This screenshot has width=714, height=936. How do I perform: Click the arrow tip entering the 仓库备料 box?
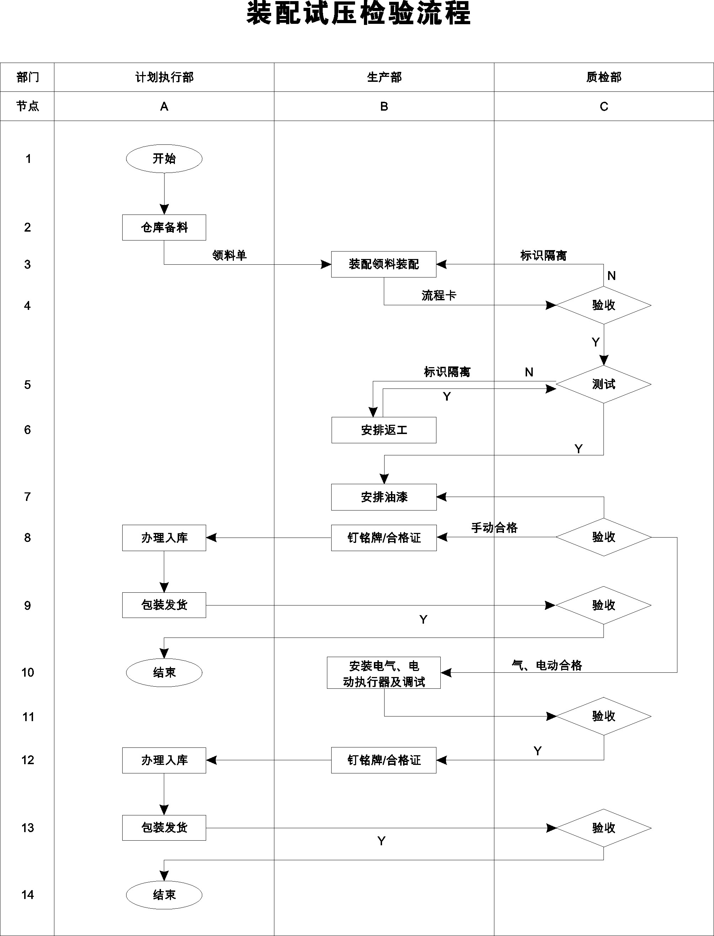(164, 215)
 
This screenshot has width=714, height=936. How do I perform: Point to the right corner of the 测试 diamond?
(651, 384)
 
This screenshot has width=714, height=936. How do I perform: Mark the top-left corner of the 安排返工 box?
(332, 417)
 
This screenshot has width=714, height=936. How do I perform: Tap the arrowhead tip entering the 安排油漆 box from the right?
(437, 497)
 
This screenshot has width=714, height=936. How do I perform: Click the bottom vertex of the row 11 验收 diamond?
(603, 735)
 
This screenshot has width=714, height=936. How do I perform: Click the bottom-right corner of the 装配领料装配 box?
(436, 277)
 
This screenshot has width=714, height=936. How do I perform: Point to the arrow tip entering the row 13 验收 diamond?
(556, 828)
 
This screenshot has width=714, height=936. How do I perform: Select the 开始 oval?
(164, 159)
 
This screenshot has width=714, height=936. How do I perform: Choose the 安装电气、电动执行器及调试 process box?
(384, 673)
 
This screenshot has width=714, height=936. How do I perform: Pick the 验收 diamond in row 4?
(603, 305)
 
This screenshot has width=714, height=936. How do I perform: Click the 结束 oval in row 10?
(164, 673)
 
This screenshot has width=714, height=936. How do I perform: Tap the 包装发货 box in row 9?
(164, 605)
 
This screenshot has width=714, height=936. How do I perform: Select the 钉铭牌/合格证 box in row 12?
(384, 760)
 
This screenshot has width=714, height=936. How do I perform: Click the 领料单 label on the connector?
(230, 255)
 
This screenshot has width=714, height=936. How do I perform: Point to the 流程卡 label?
(439, 295)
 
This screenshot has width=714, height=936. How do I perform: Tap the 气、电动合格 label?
(547, 665)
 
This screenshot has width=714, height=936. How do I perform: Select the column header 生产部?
(384, 77)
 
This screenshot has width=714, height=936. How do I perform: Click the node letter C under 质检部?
(604, 106)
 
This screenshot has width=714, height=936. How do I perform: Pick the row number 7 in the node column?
(28, 497)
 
